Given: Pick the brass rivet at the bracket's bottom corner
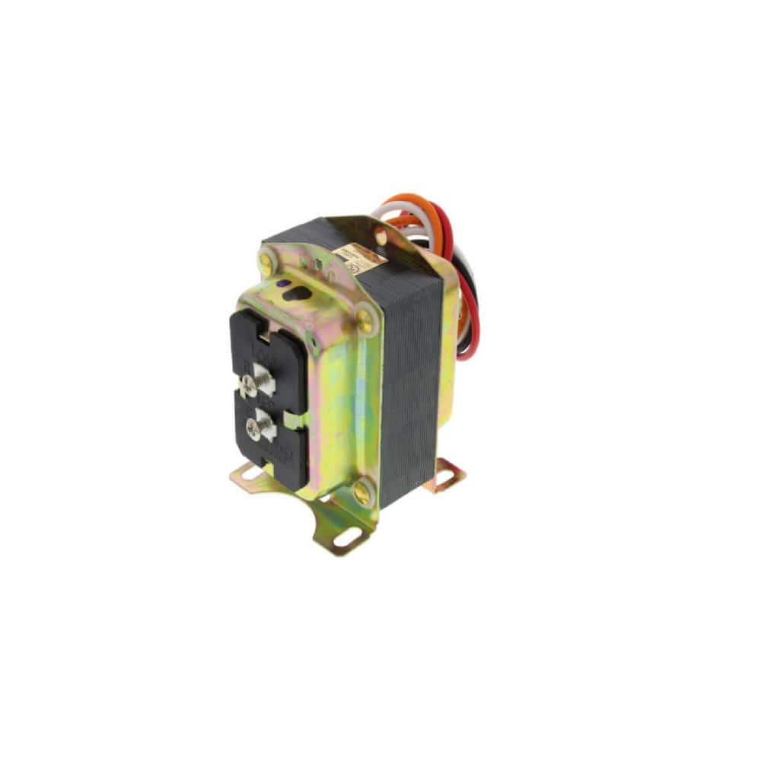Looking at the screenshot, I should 361,494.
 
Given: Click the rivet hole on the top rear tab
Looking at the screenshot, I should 380,237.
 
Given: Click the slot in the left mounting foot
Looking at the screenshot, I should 244,476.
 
